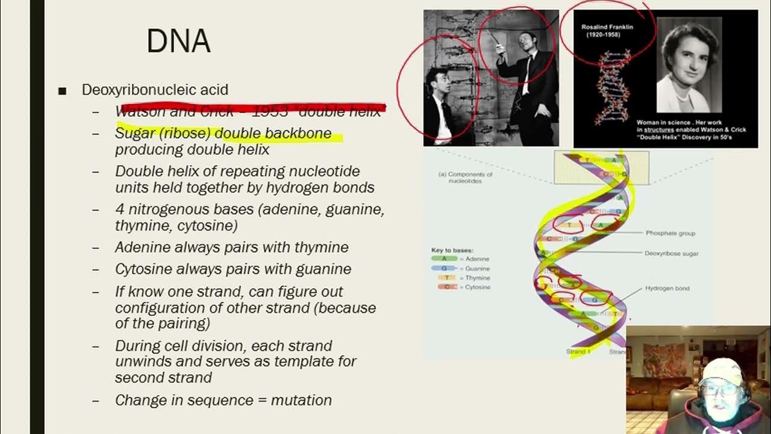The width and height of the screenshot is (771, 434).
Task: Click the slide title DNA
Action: [x=178, y=41]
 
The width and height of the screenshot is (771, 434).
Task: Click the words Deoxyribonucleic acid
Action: [x=155, y=90]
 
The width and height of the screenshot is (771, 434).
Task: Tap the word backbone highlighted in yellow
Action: [x=300, y=133]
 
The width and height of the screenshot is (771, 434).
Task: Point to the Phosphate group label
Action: [x=670, y=233]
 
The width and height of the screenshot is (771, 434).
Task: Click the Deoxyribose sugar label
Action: [x=671, y=254]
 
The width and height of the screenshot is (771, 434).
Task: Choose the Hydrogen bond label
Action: [x=667, y=289]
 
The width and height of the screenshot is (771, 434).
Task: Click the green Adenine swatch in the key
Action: [x=444, y=259]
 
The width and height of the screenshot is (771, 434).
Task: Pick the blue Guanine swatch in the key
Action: [x=444, y=268]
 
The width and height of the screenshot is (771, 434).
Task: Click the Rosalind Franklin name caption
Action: [x=607, y=27]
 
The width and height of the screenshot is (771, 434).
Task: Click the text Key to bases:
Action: [x=452, y=250]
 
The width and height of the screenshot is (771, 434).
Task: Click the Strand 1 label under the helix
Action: [x=578, y=351]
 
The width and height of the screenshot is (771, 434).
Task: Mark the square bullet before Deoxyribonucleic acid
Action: [x=62, y=91]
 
